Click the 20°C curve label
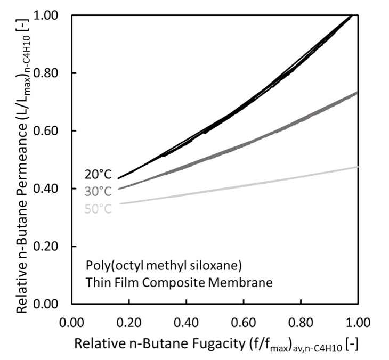pyautogui.click(x=98, y=175)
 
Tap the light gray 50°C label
pyautogui.click(x=98, y=209)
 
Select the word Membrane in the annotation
pyautogui.click(x=247, y=283)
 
